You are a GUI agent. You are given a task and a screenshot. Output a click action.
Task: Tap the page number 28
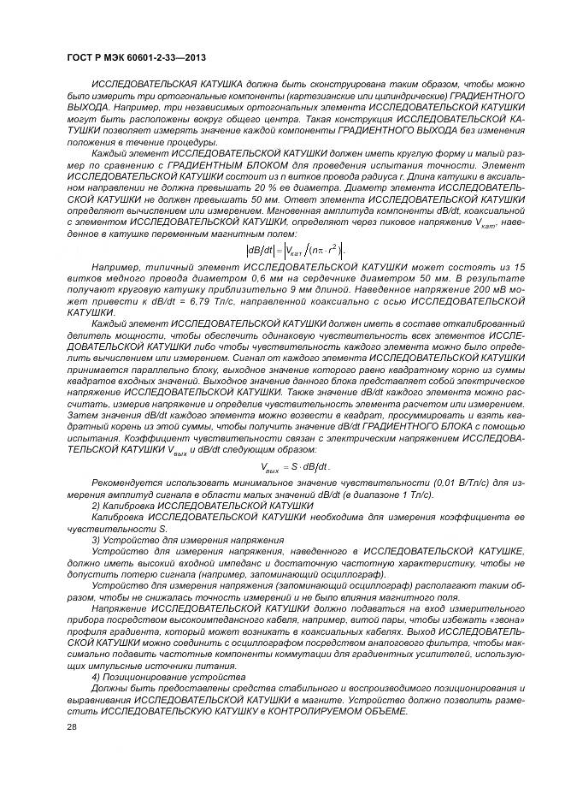72,726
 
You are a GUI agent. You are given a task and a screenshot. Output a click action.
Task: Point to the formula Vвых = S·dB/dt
295,465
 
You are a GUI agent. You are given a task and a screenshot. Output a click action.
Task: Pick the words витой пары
378,619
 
